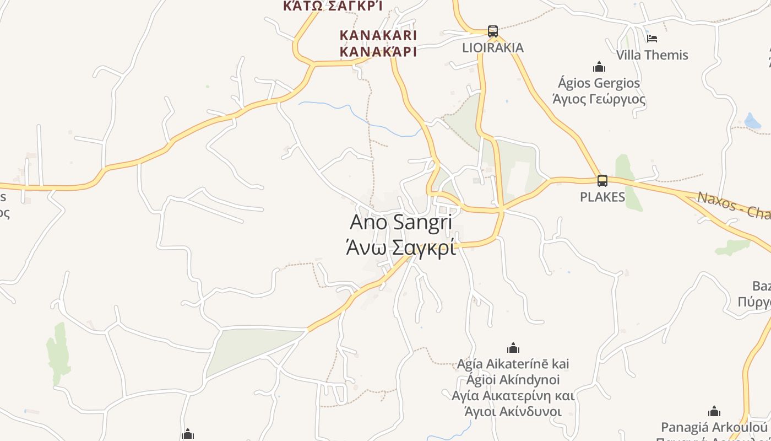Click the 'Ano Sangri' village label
(x=401, y=222)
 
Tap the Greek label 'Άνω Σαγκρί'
(x=401, y=248)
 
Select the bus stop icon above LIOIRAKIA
(x=492, y=31)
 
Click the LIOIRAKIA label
(x=493, y=48)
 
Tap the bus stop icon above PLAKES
(x=602, y=180)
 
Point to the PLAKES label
(x=602, y=197)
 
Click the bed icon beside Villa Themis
(x=652, y=39)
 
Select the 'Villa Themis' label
(x=652, y=55)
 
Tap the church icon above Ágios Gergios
(x=599, y=67)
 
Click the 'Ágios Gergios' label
(x=599, y=83)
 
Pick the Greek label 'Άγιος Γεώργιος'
(x=599, y=99)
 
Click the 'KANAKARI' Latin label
(x=378, y=35)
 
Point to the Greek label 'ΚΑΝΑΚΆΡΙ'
(x=378, y=52)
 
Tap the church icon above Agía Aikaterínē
(x=513, y=348)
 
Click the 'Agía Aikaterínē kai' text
(x=513, y=364)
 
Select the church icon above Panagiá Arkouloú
(x=714, y=411)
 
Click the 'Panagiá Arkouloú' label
(x=714, y=427)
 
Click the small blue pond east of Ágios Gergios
(x=752, y=121)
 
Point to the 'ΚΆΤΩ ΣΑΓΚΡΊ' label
(x=333, y=6)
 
